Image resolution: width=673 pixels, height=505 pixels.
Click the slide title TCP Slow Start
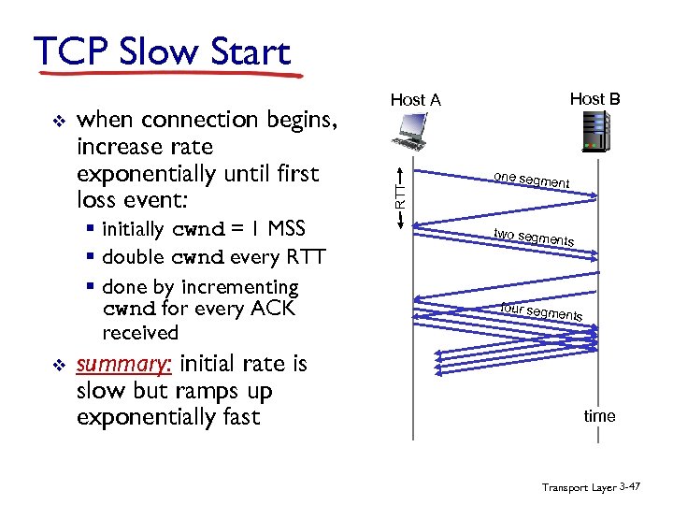(161, 52)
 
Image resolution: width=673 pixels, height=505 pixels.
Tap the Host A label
(415, 100)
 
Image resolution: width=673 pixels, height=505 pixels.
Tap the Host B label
(594, 98)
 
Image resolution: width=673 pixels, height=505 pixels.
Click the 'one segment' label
(532, 180)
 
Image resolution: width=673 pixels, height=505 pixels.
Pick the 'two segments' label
(534, 238)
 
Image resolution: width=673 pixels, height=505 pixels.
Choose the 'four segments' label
(541, 311)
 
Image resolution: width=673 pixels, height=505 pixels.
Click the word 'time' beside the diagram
(599, 416)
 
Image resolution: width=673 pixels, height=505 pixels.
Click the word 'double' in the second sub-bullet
(135, 256)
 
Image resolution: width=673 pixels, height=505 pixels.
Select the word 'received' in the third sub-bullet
(140, 333)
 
